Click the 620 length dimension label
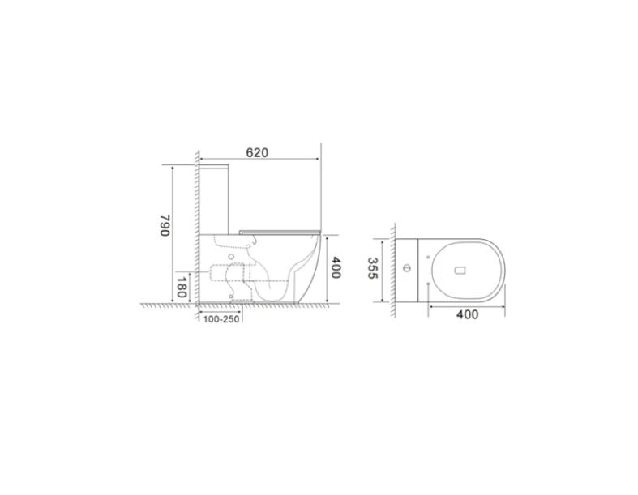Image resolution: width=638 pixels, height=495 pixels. (257, 152)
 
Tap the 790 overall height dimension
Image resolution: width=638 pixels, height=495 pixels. (164, 225)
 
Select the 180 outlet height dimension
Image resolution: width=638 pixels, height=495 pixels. (182, 287)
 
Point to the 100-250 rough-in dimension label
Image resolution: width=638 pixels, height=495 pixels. (221, 320)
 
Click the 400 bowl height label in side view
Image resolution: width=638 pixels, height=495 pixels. (335, 267)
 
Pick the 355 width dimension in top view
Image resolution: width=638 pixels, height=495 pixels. (373, 268)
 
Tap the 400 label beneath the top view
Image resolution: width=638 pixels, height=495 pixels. (468, 314)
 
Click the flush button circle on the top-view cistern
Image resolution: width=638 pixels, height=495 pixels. (407, 268)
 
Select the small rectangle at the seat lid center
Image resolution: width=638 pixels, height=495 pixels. (459, 271)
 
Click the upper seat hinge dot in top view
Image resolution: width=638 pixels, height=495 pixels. (428, 257)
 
